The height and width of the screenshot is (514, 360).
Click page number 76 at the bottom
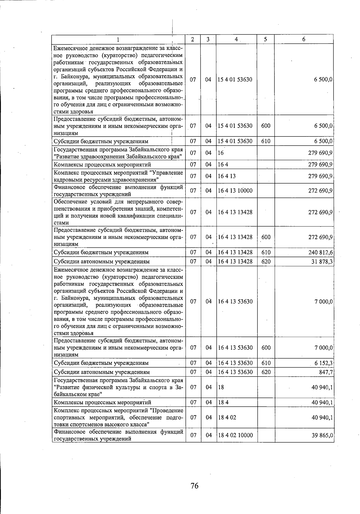(x=194, y=485)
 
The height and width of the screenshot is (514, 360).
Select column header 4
(x=236, y=39)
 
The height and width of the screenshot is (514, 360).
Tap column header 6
(x=304, y=39)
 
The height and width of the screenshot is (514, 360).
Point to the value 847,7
(x=326, y=372)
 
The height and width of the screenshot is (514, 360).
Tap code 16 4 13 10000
(x=235, y=191)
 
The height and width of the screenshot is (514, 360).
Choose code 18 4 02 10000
(x=235, y=435)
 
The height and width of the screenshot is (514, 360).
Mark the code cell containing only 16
(x=221, y=153)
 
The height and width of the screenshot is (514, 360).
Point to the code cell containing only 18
(x=221, y=387)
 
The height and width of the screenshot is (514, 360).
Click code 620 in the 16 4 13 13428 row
(x=266, y=262)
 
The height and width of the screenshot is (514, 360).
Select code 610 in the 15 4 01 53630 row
(x=266, y=141)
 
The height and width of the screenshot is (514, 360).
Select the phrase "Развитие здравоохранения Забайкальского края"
(x=118, y=157)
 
